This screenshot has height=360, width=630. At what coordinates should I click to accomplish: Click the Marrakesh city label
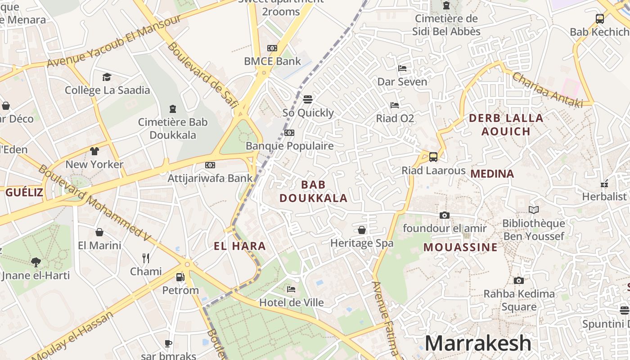[x=478, y=343]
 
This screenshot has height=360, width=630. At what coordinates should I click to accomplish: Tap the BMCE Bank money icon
[x=272, y=48]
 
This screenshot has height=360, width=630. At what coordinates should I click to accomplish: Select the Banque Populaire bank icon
[x=289, y=133]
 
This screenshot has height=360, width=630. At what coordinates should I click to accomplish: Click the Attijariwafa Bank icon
[x=210, y=165]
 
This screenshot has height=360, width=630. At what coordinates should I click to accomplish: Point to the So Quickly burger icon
[x=308, y=99]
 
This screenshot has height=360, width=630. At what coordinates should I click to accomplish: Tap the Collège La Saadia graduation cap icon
[x=107, y=77]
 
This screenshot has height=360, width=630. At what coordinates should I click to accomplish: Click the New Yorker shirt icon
[x=94, y=151]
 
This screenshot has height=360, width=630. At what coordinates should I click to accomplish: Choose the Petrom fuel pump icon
[x=180, y=277]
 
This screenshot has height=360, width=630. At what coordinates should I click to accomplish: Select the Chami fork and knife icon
[x=146, y=258]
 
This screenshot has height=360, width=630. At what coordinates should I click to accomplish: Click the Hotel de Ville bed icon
[x=291, y=289]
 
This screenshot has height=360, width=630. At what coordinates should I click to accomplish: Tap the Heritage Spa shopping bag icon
[x=362, y=230]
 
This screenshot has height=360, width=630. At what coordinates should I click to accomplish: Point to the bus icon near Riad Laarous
[x=433, y=157]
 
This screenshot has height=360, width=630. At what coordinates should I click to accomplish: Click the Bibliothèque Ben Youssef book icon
[x=534, y=210]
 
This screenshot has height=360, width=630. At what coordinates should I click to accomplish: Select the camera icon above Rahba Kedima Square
[x=519, y=281]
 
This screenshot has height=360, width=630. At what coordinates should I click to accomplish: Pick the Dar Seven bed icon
[x=402, y=68]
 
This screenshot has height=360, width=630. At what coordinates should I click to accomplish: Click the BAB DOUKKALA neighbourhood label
[x=313, y=191]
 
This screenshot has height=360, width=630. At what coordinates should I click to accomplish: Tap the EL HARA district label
[x=239, y=246]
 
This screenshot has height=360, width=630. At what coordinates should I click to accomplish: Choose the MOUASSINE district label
[x=460, y=247]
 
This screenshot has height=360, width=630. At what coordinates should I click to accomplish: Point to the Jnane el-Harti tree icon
[x=36, y=262]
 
